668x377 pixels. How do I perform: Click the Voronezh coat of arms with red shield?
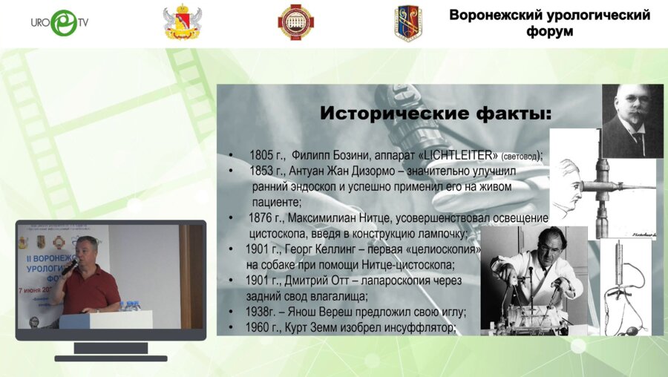[182, 23]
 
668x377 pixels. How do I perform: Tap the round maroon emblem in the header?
[295, 22]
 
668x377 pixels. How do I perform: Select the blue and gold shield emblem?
[407, 23]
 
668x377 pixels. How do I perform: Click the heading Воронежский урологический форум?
[550, 23]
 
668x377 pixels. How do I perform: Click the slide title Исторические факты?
[436, 114]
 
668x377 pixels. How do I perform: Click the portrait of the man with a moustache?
[632, 120]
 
